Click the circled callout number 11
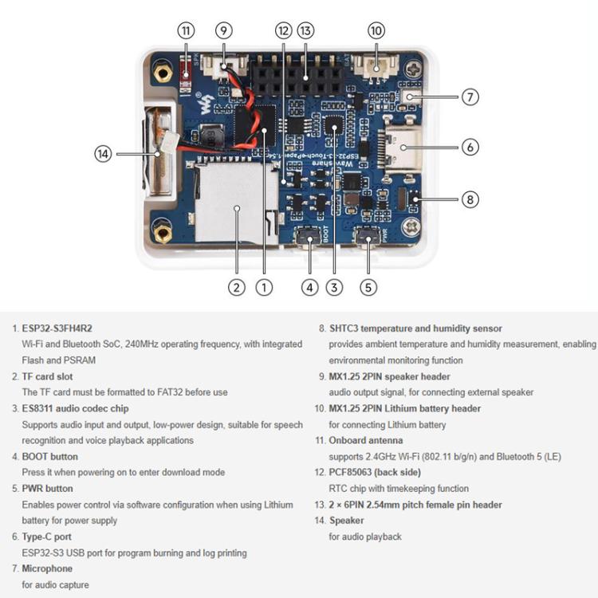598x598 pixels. [x=186, y=31]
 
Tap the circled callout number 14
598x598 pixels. [x=103, y=153]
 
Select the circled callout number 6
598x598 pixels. [x=470, y=147]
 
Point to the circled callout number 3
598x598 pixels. [x=334, y=288]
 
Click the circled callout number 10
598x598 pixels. [x=376, y=31]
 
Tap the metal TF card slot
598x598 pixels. [x=231, y=203]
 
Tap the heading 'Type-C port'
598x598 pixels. [x=46, y=537]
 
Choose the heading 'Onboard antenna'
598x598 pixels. [x=366, y=440]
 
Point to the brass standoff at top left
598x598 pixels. [x=164, y=74]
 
